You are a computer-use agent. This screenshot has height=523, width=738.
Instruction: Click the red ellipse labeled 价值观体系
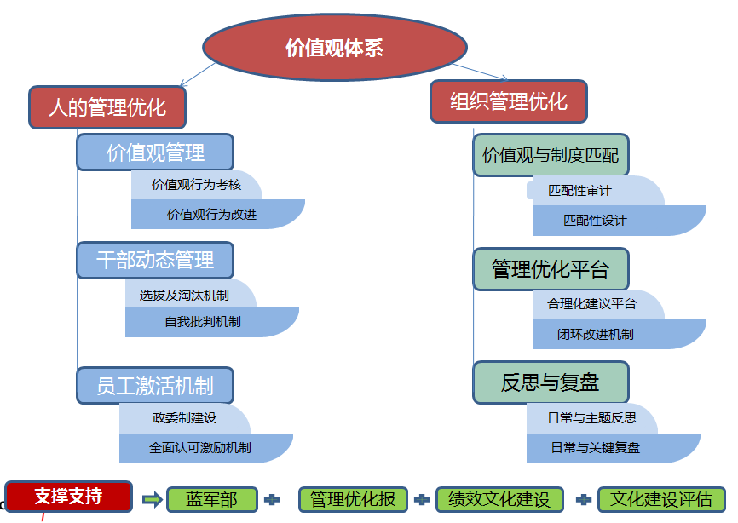pos(335,48)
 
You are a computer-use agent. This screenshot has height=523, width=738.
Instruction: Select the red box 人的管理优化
pos(107,107)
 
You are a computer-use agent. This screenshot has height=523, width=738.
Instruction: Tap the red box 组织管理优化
pos(509,101)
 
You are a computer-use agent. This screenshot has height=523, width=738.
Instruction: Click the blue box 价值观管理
pos(155,152)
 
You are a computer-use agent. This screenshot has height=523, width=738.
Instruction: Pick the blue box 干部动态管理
pos(155,259)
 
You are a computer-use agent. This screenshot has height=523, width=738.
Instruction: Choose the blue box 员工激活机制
pos(155,385)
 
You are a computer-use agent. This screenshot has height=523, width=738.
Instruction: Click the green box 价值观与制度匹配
pos(551,155)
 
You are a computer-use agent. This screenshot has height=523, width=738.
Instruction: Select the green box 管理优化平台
pos(551,269)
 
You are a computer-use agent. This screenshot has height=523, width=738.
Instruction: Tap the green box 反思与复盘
pos(551,382)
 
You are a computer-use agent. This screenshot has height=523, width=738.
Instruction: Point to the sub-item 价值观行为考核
pos(196,185)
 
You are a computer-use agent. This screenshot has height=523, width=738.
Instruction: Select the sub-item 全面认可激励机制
pos(200,447)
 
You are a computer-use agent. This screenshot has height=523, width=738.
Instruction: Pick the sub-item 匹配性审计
pos(579,191)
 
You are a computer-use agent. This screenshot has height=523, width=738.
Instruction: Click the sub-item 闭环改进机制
pos(596,334)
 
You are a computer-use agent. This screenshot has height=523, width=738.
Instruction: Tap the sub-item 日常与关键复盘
pos(596,447)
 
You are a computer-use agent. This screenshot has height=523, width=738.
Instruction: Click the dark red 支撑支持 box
pos(68,496)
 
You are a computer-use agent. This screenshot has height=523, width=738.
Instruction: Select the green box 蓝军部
pos(211,500)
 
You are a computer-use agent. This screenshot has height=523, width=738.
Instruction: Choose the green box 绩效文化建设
pos(499,500)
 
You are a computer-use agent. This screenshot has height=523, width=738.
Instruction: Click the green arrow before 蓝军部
pos(153,499)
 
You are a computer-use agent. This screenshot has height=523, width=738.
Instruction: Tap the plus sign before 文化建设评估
pos(584,499)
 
